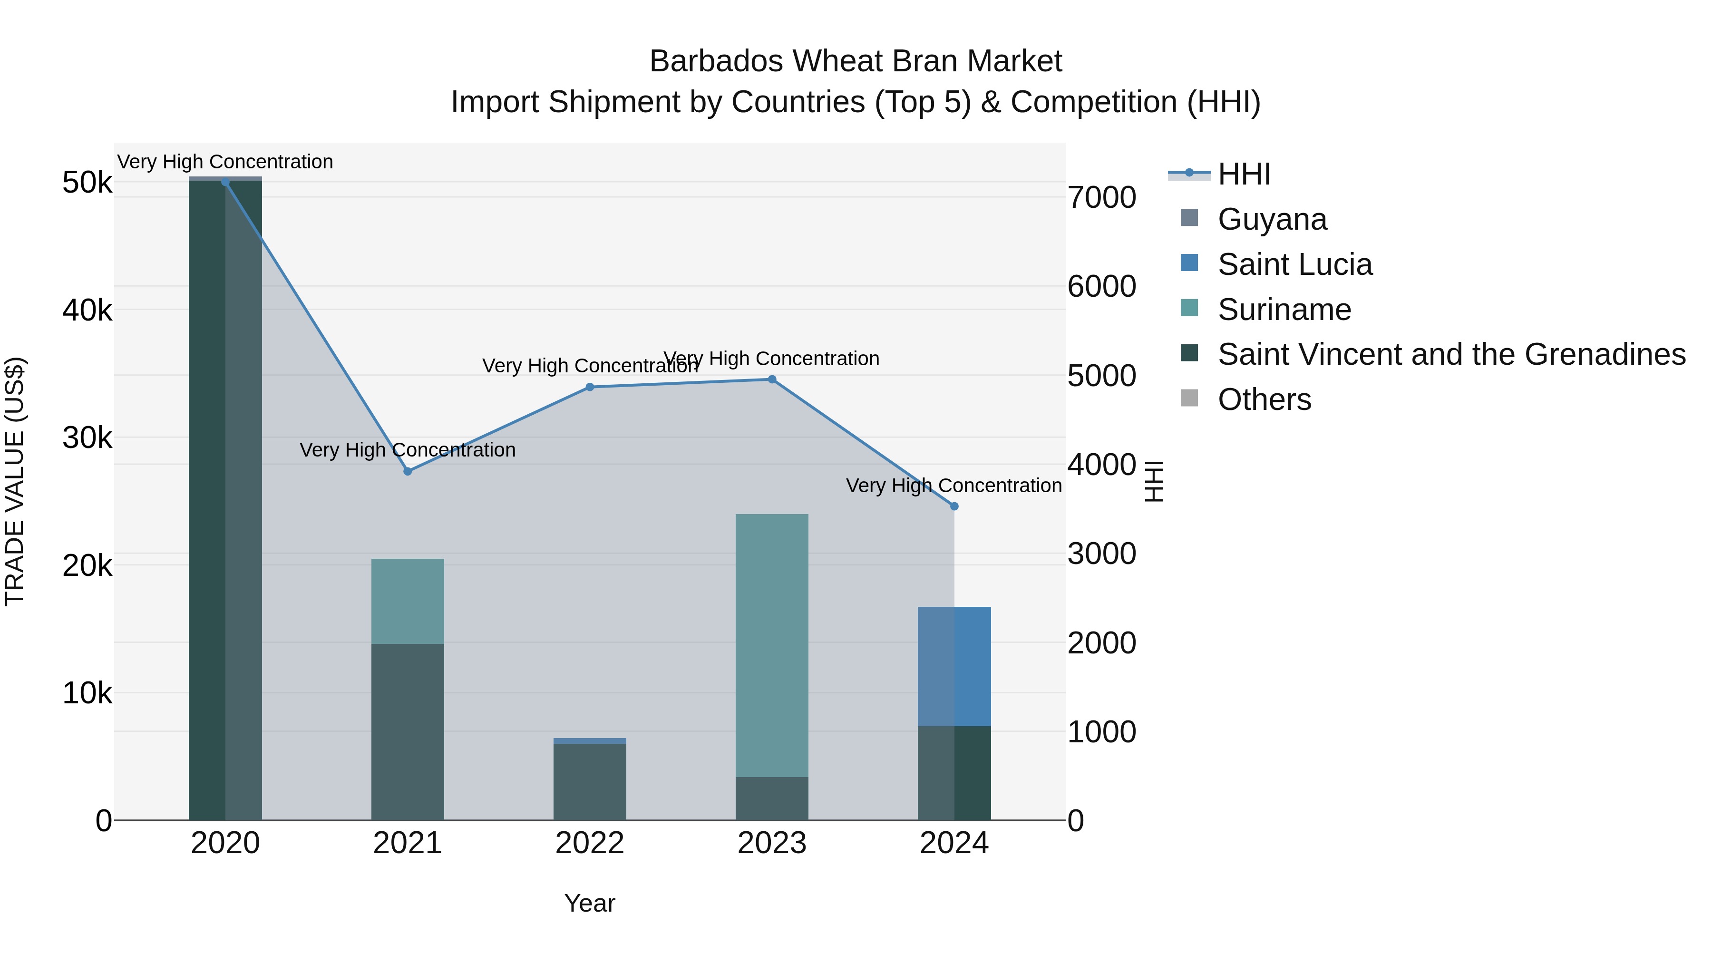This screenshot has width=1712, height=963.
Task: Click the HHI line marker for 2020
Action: (x=225, y=182)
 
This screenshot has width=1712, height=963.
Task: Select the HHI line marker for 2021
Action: (x=408, y=471)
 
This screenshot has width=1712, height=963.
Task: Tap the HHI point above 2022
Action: (x=590, y=387)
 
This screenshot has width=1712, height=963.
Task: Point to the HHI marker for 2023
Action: (x=772, y=379)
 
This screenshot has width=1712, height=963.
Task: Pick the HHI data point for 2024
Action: (x=954, y=506)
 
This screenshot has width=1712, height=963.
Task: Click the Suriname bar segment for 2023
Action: (x=772, y=645)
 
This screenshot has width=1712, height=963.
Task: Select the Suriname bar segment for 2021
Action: (x=408, y=601)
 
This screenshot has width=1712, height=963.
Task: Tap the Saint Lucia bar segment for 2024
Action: (x=954, y=666)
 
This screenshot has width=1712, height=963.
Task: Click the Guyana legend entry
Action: (x=1272, y=219)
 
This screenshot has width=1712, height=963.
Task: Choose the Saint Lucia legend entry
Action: (x=1294, y=264)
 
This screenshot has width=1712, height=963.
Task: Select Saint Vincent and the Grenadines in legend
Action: (x=1451, y=354)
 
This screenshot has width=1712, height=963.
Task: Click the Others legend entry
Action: (x=1264, y=399)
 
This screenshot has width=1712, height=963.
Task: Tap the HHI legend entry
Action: (x=1244, y=174)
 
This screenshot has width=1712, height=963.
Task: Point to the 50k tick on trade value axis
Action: (x=88, y=182)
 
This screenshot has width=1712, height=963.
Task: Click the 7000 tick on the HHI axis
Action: (x=1102, y=197)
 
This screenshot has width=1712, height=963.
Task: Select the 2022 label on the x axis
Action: (x=590, y=843)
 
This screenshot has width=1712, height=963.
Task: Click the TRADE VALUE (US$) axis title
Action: (x=15, y=481)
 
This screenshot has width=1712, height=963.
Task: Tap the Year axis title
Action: (x=590, y=903)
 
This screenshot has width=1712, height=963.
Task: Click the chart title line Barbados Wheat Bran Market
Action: (x=856, y=61)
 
